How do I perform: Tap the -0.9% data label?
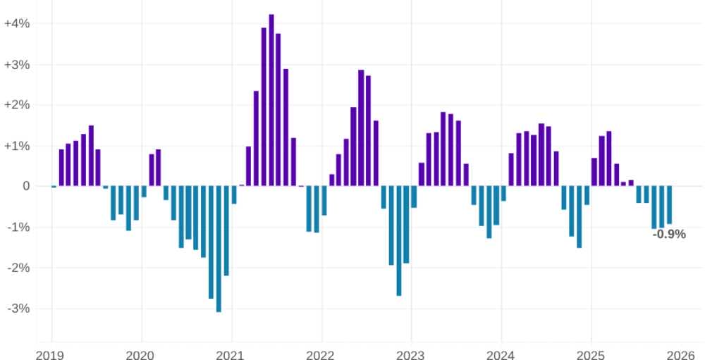669,235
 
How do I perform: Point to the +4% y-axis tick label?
17,23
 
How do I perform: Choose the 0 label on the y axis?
26,187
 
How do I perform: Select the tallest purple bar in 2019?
91,156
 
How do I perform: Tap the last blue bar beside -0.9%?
669,205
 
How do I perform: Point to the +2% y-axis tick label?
17,105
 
